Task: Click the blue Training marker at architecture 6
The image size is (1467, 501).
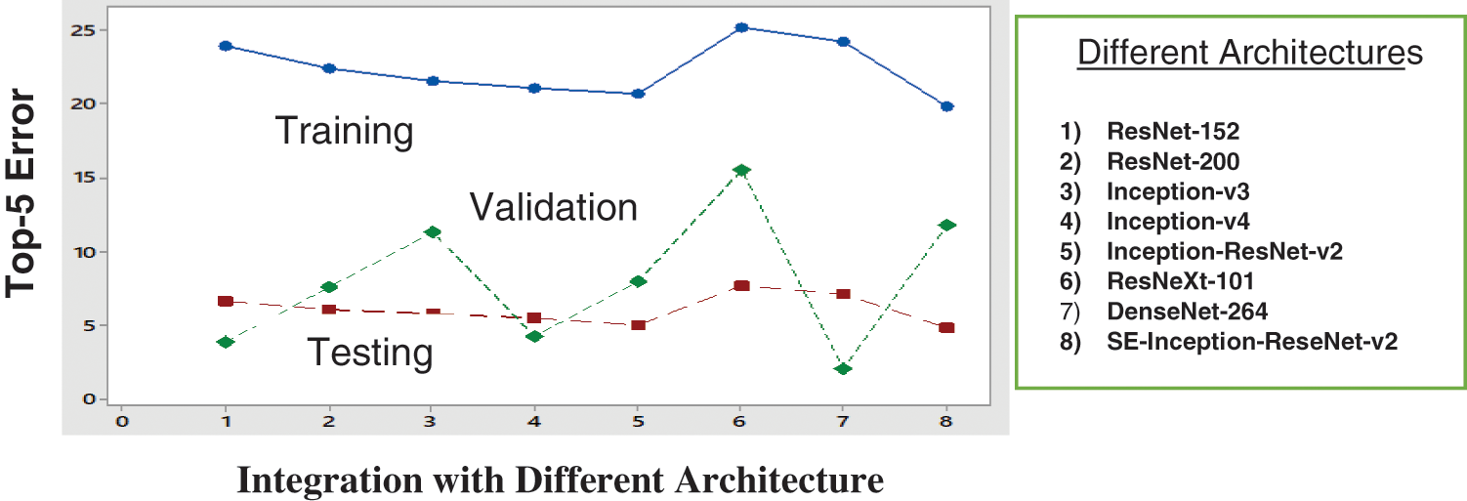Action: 741,27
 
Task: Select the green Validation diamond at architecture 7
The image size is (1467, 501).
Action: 844,368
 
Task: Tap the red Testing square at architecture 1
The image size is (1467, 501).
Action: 226,302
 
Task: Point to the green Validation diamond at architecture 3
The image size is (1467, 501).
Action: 433,231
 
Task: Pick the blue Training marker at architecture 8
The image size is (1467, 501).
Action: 946,106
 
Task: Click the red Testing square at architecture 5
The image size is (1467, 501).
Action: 638,324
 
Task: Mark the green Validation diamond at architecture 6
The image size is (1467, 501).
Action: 741,170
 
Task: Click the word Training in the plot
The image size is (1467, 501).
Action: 344,130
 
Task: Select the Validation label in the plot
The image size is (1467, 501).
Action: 554,207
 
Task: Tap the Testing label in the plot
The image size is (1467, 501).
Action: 370,352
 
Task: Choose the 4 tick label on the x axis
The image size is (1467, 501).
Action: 534,421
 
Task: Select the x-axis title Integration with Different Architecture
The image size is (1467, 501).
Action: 560,480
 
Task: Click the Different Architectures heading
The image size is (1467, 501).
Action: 1249,53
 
